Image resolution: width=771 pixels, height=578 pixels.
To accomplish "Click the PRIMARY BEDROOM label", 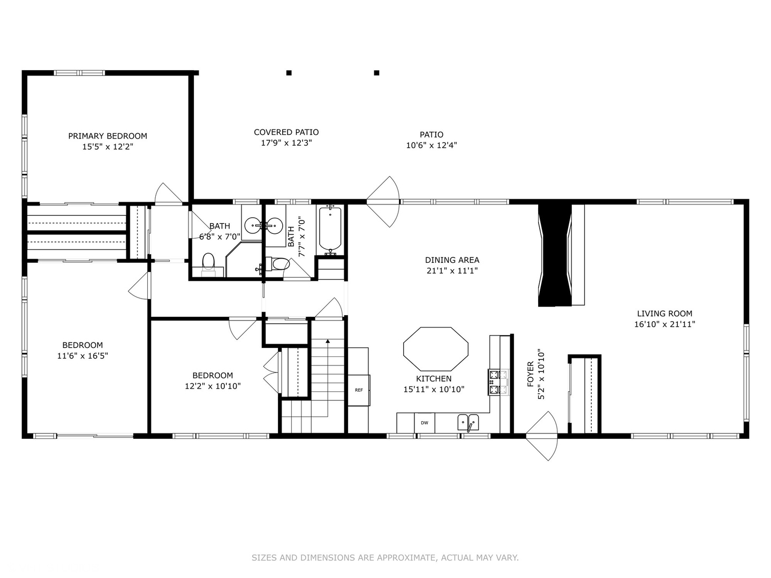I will point(107,136).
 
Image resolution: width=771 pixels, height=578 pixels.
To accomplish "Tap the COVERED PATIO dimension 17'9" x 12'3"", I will point(286,143).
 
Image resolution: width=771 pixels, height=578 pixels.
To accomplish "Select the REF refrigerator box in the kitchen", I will point(358,390).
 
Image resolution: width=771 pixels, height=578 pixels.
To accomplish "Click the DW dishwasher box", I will point(424,423).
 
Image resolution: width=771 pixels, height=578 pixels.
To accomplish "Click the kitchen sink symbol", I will point(468,423).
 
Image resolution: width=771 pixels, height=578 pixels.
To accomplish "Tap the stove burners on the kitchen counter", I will point(498,382).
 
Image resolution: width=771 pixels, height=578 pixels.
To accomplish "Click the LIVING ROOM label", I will point(664,314).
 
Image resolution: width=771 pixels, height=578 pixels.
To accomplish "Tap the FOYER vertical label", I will point(531,374).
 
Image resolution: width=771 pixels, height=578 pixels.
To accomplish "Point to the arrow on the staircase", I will point(327,341).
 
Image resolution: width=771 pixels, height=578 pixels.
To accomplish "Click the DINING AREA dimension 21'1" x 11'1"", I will point(452,271).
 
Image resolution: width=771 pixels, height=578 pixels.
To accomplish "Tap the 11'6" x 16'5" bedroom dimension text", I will point(82,356).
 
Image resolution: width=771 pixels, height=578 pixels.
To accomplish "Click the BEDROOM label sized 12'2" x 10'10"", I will point(213,375).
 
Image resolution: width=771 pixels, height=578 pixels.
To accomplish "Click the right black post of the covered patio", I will point(376,73).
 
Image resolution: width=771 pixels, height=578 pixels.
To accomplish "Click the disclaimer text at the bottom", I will point(385,558).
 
